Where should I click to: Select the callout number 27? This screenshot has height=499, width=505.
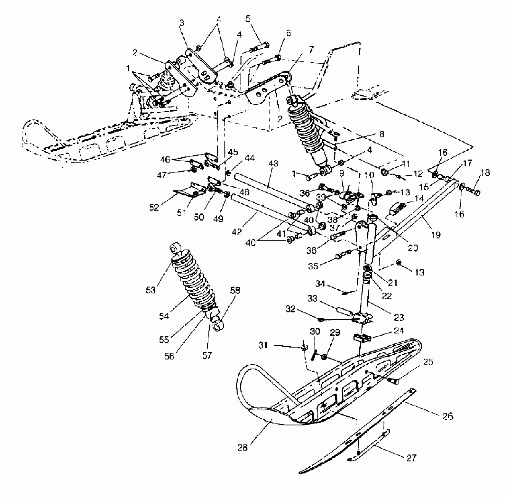click(x=412, y=457)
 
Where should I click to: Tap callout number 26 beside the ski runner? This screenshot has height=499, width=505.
click(x=448, y=416)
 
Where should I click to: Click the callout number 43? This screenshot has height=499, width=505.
click(x=273, y=163)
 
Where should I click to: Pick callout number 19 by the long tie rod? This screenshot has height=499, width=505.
click(x=436, y=235)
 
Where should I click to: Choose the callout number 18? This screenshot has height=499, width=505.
click(x=485, y=173)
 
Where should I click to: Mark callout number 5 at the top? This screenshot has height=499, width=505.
click(x=248, y=19)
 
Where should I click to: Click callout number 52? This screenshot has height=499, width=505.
click(x=154, y=207)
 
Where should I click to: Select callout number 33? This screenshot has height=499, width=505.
click(x=312, y=299)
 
